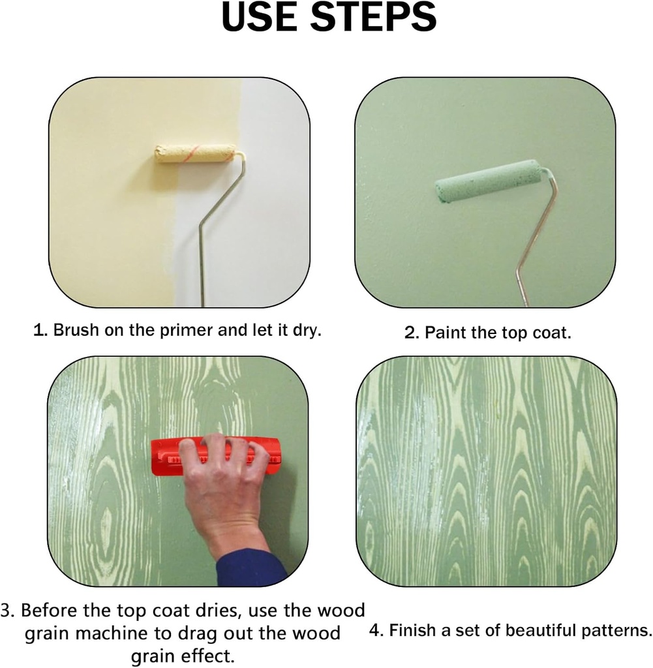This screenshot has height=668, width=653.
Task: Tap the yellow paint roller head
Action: pyautogui.click(x=196, y=154)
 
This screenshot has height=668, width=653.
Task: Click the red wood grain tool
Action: pyautogui.click(x=216, y=457)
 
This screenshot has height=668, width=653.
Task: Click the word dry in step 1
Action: pyautogui.click(x=307, y=331)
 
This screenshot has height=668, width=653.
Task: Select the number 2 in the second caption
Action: pyautogui.click(x=410, y=333)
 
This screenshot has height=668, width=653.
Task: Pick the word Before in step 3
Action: pyautogui.click(x=50, y=610)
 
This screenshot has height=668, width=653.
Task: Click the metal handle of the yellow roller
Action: pyautogui.click(x=217, y=226)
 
